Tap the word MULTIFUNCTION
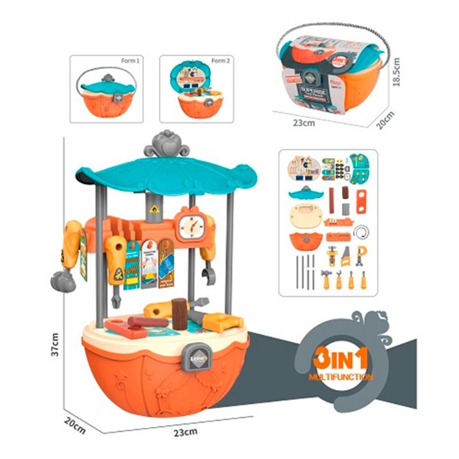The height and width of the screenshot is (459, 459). (341, 377)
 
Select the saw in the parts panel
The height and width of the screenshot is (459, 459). (345, 256)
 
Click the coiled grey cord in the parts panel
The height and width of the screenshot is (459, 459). (361, 232)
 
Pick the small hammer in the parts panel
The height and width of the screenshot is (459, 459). (326, 279)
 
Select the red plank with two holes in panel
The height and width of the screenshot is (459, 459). (361, 201)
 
